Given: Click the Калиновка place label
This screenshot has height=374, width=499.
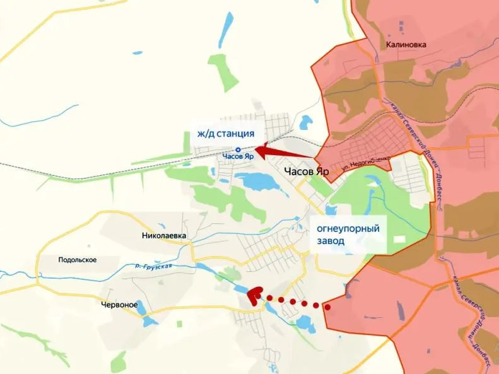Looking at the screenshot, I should (x=407, y=45).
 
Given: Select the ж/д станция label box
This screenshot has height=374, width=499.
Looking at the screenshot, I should (x=225, y=133).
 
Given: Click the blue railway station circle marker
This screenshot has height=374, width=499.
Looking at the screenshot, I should (x=238, y=149).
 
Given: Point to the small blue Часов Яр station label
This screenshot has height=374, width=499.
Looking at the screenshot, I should (x=238, y=156).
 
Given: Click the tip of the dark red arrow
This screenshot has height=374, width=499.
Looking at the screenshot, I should (x=256, y=150).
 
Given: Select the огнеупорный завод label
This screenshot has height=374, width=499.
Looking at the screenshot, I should (x=348, y=235).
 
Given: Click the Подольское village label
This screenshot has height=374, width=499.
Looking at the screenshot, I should (x=77, y=260).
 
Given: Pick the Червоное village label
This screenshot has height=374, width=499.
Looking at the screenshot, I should (x=119, y=305).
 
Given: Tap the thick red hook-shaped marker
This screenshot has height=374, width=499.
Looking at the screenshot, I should (x=254, y=295).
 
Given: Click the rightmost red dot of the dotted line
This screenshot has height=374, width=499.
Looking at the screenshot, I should (x=327, y=307).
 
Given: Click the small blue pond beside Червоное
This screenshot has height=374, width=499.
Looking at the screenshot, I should (x=150, y=320).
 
